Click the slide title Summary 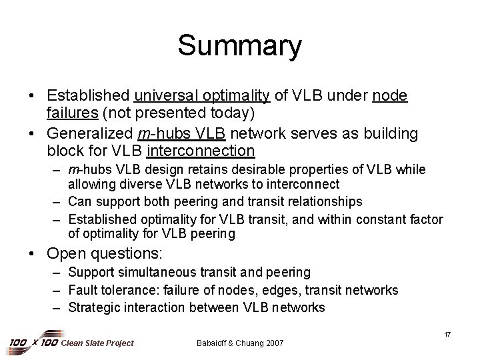point(239,46)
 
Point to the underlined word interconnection point(200,151)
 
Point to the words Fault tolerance point(107,290)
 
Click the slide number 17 point(447,334)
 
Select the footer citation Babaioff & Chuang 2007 point(240,343)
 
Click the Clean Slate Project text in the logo point(97,343)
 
